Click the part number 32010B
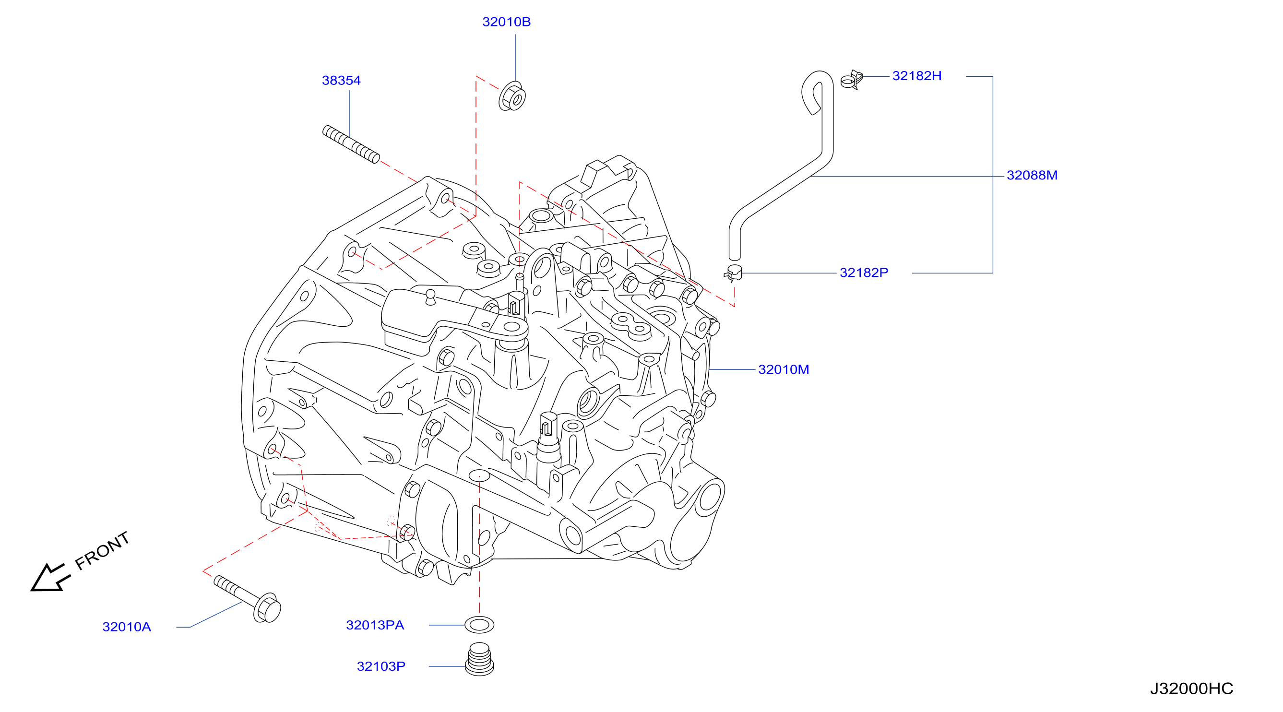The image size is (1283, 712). click(x=506, y=22)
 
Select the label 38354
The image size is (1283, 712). click(x=341, y=80)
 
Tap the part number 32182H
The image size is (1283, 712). click(x=916, y=76)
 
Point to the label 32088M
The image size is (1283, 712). click(x=1032, y=175)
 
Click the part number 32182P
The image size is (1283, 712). click(x=864, y=273)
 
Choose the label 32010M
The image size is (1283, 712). click(x=783, y=369)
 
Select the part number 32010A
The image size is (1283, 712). click(x=127, y=627)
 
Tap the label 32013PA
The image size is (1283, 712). click(x=375, y=625)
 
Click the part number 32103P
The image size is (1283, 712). click(x=381, y=666)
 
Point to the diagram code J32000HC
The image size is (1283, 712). click(x=1191, y=688)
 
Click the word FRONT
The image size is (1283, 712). click(x=103, y=550)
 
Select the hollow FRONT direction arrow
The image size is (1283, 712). click(x=50, y=578)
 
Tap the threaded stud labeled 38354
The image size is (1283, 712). click(x=351, y=144)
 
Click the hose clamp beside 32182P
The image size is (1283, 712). click(x=734, y=273)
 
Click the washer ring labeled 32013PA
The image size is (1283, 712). click(x=479, y=624)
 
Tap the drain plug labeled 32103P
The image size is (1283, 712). click(x=479, y=659)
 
